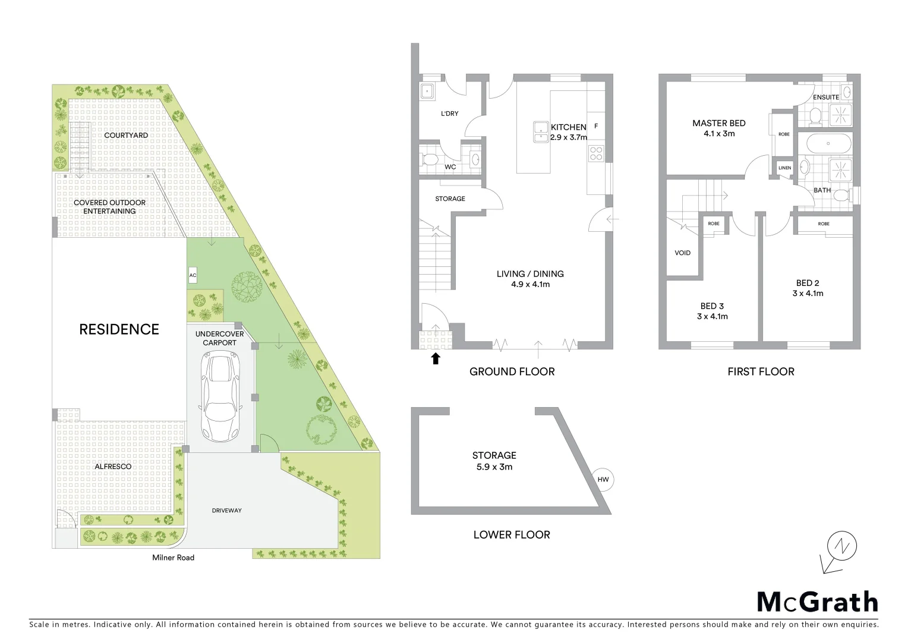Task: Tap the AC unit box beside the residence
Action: click(193, 276)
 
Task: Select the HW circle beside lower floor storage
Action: click(603, 480)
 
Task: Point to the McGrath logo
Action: click(817, 602)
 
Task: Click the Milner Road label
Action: click(173, 558)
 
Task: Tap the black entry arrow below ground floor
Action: click(436, 358)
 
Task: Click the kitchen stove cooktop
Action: click(595, 153)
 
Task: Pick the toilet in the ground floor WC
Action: click(430, 159)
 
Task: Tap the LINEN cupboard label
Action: click(784, 168)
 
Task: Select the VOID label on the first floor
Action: click(682, 253)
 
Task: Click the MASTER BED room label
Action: click(718, 123)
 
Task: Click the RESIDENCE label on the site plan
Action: click(119, 329)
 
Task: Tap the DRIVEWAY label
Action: click(227, 511)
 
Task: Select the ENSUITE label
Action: click(825, 97)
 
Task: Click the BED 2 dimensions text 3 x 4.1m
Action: click(808, 294)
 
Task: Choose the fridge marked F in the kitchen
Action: click(595, 126)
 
